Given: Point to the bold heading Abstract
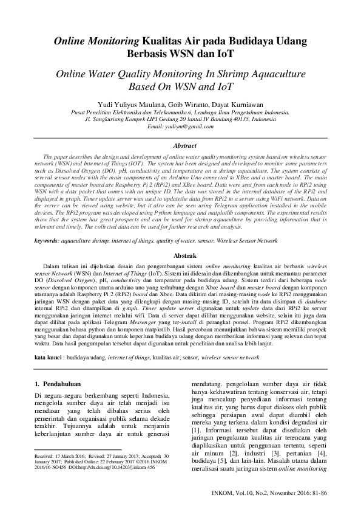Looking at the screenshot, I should click(x=184, y=146).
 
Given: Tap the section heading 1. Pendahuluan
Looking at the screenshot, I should click(x=64, y=384).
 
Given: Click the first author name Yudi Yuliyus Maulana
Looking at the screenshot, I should click(x=124, y=104).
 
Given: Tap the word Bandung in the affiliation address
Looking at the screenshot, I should click(x=213, y=119).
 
